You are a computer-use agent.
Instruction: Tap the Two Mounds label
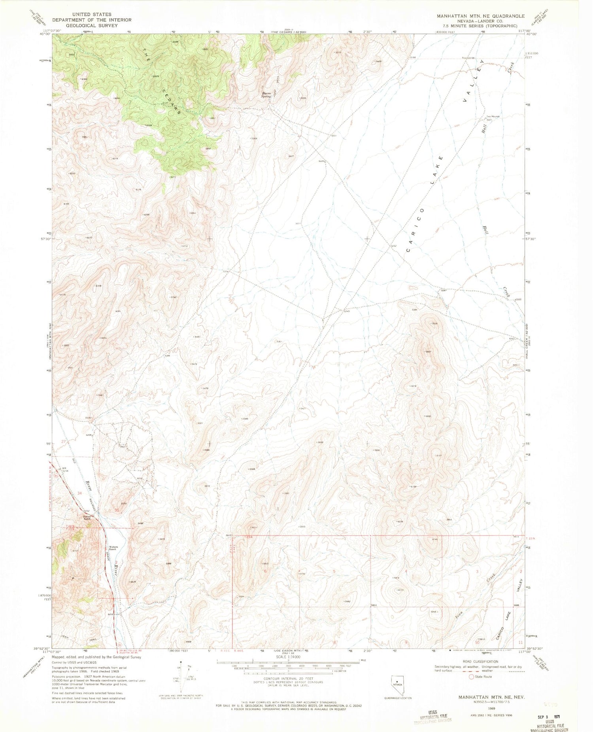click(493, 117)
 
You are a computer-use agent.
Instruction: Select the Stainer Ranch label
click(87, 517)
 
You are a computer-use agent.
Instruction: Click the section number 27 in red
click(63, 441)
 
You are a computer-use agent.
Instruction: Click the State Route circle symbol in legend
click(471, 677)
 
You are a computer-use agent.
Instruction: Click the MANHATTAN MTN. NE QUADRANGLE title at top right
click(480, 16)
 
